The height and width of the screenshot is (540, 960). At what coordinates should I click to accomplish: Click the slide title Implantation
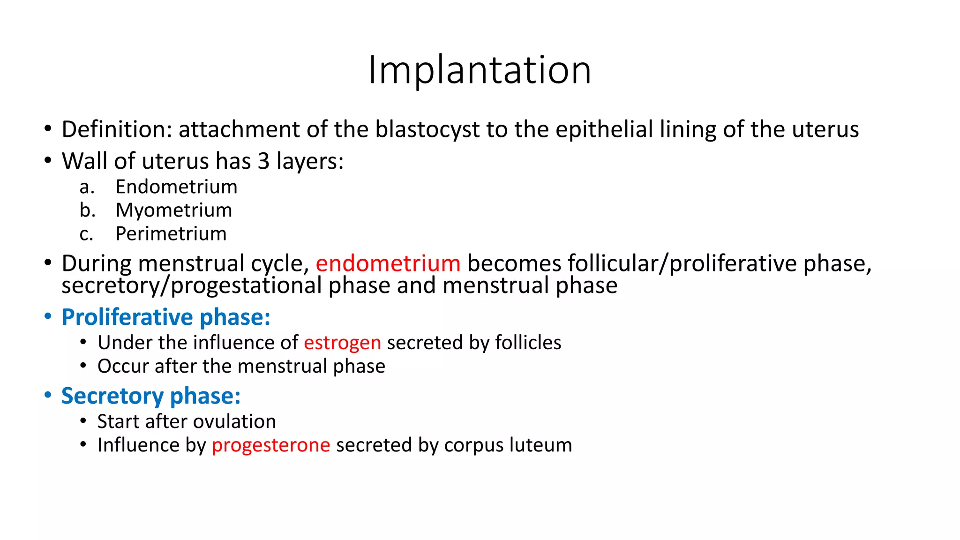click(480, 70)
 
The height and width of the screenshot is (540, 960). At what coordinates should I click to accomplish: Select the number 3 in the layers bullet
click(263, 161)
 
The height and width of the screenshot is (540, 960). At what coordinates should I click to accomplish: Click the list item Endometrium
click(176, 187)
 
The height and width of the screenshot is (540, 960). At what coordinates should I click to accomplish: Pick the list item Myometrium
click(173, 210)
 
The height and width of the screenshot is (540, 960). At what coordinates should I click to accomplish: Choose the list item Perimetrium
click(171, 233)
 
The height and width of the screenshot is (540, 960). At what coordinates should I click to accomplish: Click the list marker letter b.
click(87, 210)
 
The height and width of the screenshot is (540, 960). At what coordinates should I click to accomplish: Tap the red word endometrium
click(388, 263)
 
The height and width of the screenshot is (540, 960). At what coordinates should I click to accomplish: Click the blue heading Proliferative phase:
click(166, 317)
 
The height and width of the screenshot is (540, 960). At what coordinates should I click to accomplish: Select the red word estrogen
click(342, 343)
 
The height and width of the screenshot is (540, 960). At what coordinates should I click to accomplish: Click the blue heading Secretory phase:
click(151, 396)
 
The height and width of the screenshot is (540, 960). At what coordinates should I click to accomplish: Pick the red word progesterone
click(271, 445)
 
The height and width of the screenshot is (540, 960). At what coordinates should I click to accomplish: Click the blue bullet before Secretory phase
click(47, 395)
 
